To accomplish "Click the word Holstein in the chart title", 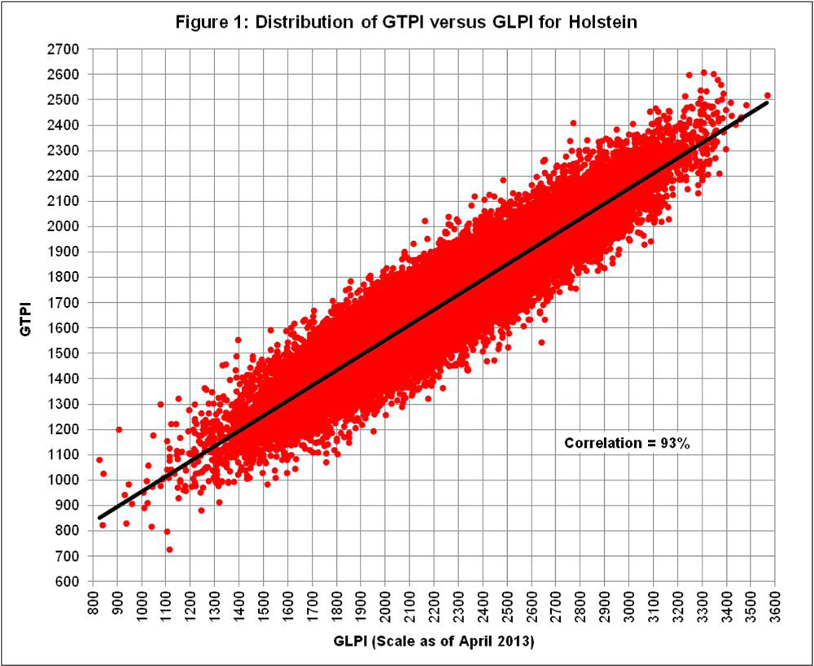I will [x=609, y=22].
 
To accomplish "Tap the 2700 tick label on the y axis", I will [x=63, y=49].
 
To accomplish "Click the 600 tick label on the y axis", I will [x=67, y=581].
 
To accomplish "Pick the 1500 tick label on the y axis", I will [x=63, y=353].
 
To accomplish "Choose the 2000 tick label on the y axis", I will [x=63, y=226].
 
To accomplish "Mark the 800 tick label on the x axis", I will [x=94, y=604].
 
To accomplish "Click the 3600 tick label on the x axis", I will [x=773, y=604].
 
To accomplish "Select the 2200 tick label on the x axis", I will [x=433, y=604].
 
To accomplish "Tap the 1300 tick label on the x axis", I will [x=215, y=604].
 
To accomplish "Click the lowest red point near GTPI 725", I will [x=169, y=550].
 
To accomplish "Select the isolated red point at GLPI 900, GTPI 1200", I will [x=119, y=429].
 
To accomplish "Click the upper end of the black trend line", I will [x=768, y=103].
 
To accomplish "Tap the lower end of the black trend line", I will [x=99, y=518].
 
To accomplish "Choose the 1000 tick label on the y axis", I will [x=63, y=480].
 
